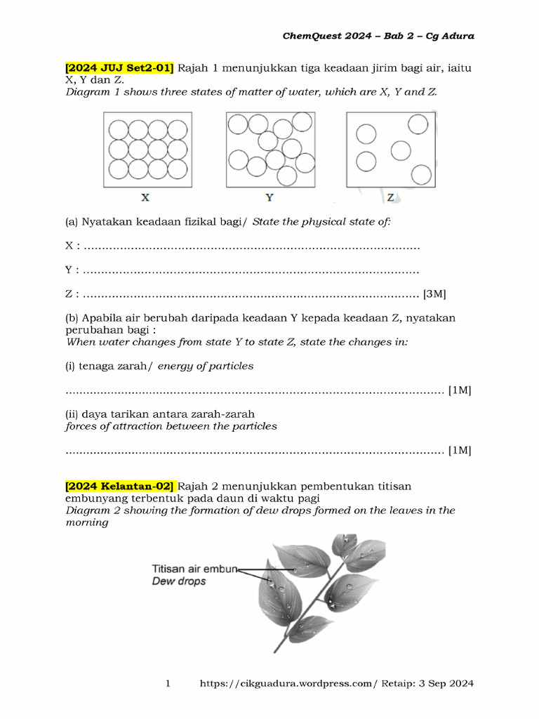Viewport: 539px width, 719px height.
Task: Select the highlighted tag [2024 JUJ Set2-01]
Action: coord(119,68)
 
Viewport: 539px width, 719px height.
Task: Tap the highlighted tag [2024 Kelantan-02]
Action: coord(120,486)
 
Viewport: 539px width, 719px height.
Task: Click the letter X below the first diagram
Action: coord(145,198)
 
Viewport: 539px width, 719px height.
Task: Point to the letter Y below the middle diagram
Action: coord(269,198)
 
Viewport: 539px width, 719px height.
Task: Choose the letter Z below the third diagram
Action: coord(391,198)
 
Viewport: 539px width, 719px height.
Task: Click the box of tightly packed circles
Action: coord(147,150)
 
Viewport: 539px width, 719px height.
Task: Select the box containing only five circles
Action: coord(391,150)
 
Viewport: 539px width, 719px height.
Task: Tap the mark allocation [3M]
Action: coord(435,294)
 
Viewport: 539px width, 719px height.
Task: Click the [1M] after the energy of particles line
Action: coord(460,390)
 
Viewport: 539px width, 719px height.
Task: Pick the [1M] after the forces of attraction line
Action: coord(460,450)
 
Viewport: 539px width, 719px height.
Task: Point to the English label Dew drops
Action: coord(179,581)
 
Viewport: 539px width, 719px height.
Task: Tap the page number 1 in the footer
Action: coord(168,683)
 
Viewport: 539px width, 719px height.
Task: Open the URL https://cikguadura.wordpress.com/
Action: coord(288,683)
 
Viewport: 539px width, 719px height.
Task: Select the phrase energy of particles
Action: coord(206,366)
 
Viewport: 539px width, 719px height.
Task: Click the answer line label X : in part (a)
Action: coord(72,246)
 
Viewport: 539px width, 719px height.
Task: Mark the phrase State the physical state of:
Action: coord(321,222)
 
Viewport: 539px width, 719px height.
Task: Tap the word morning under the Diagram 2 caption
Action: coord(87,522)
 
